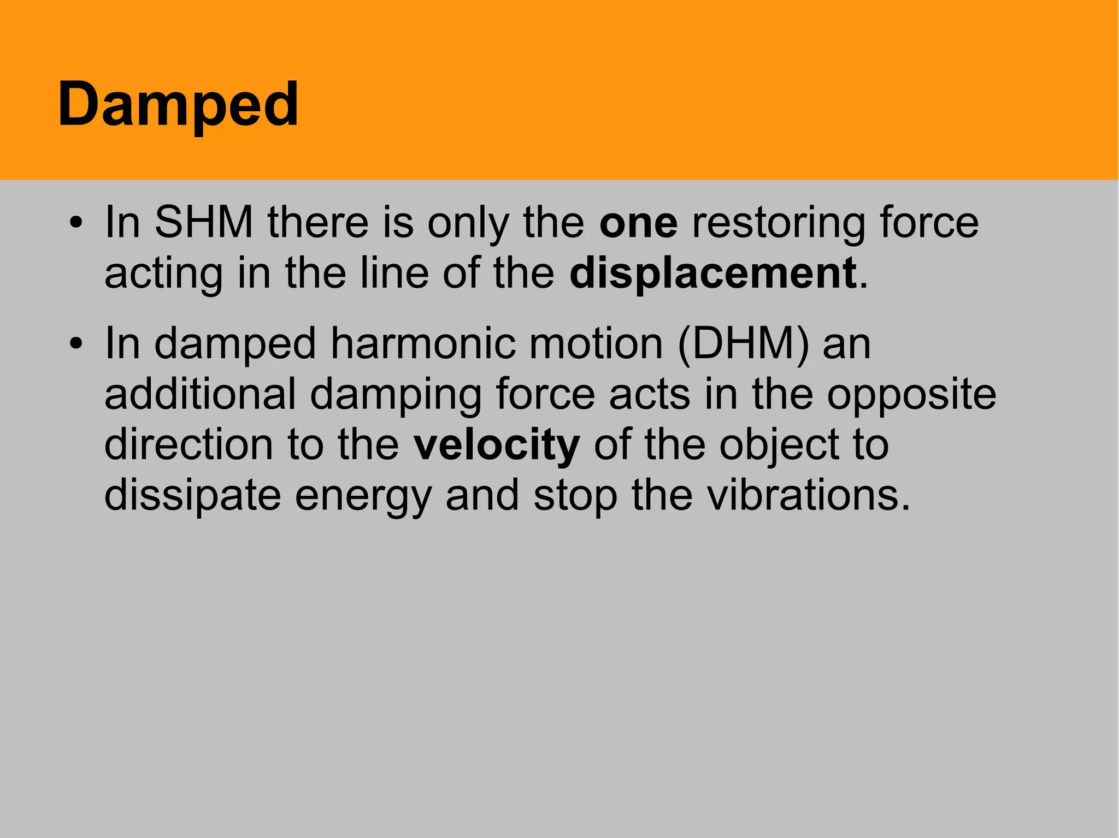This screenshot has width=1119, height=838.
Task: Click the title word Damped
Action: (x=178, y=105)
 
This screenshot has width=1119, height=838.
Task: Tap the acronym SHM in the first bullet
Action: (x=204, y=223)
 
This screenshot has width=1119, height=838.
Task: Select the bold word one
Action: (x=638, y=223)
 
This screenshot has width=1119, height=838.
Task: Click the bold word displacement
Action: (x=712, y=273)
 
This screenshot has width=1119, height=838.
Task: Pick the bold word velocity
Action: (x=496, y=445)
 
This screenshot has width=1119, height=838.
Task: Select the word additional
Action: (x=200, y=394)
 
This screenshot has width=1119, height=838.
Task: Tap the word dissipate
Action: (x=192, y=496)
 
